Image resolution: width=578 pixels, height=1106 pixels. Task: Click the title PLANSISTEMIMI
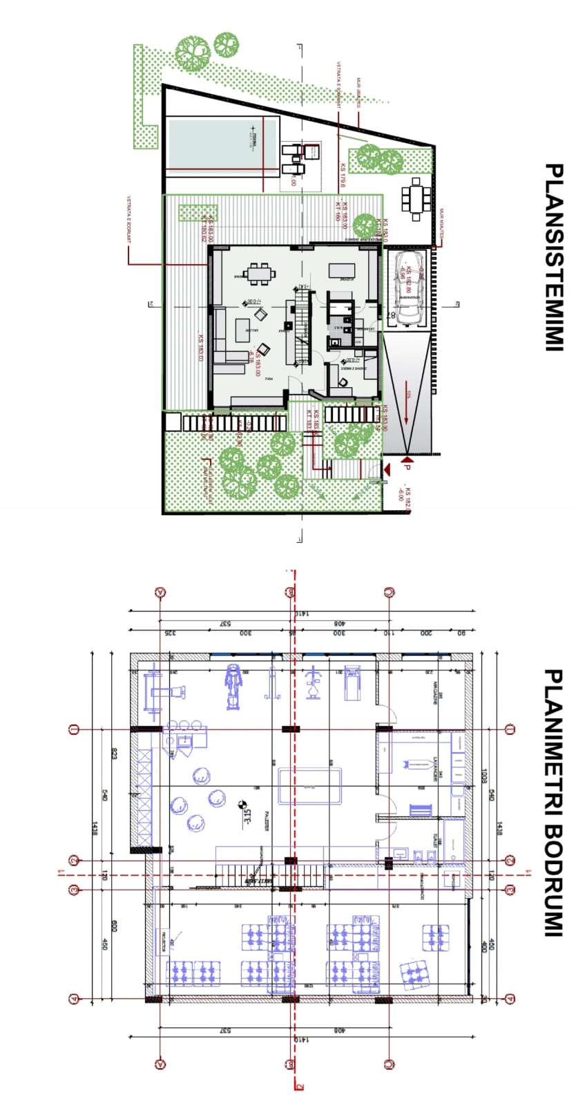(552, 257)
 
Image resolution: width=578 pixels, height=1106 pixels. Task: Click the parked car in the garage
(405, 287)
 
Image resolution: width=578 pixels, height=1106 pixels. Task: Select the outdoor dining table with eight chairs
(415, 198)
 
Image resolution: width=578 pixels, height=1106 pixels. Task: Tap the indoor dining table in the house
(260, 274)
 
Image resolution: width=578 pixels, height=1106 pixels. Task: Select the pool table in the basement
(310, 786)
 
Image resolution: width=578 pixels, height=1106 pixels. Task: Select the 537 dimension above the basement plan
(225, 624)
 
